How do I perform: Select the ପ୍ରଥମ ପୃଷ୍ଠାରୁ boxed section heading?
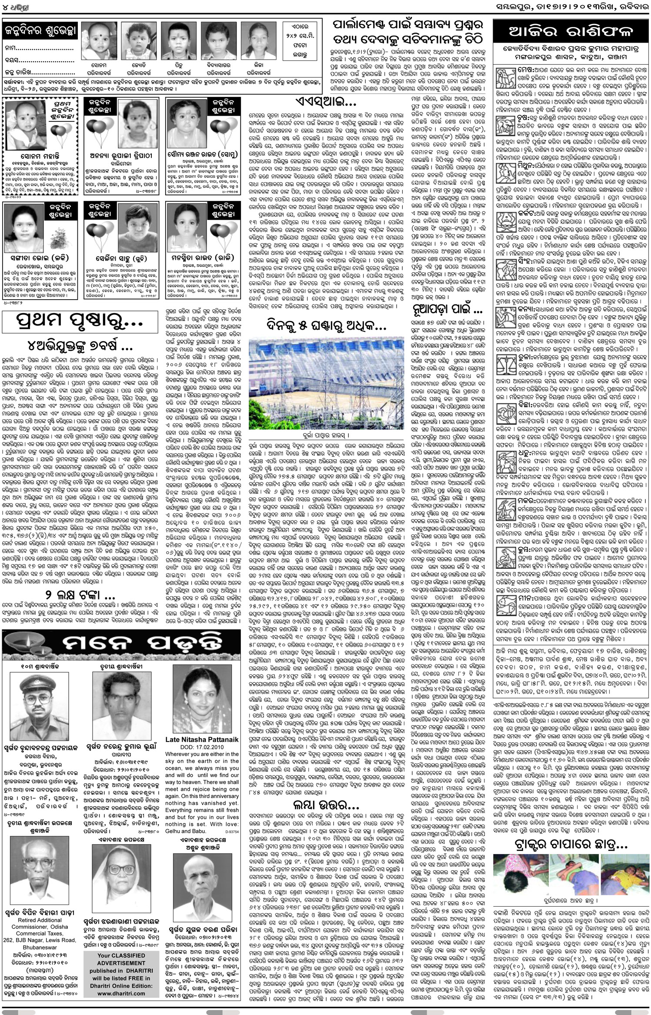click(79, 323)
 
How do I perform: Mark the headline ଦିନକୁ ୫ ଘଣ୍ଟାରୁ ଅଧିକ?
click(326, 324)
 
